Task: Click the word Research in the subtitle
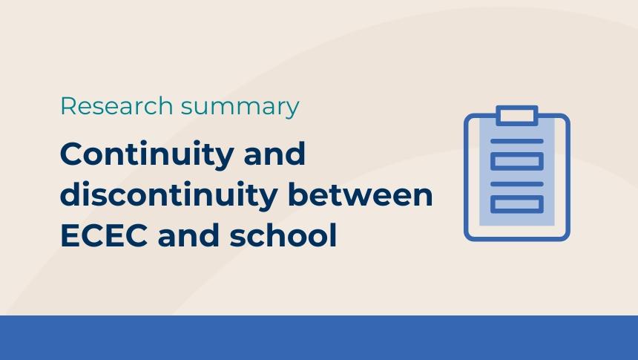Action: point(116,106)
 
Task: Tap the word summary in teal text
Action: point(240,108)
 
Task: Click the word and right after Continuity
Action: point(274,154)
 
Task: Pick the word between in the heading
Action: point(361,194)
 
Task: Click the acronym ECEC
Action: point(104,235)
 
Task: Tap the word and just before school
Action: point(188,235)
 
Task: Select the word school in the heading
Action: point(283,235)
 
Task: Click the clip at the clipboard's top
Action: point(517,115)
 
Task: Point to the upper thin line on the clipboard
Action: point(517,141)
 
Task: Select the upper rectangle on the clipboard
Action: point(517,161)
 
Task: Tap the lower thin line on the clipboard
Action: point(517,184)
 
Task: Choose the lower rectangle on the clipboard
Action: point(517,204)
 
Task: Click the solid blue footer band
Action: point(319,338)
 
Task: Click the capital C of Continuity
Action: point(73,154)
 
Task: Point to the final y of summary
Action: point(292,111)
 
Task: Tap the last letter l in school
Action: point(333,235)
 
